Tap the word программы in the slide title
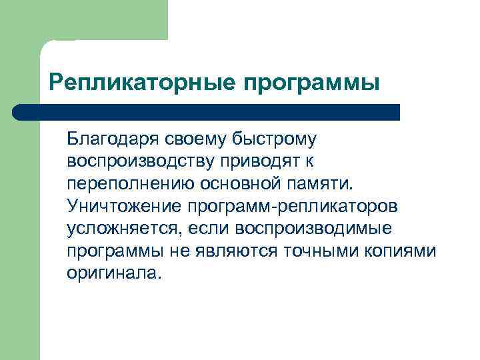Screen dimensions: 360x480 coord(311,83)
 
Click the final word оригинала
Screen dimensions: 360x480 coord(113,273)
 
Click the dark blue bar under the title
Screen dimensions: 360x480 coord(207,112)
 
